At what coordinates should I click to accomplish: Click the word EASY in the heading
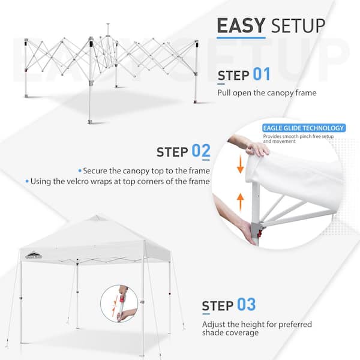(x=241, y=26)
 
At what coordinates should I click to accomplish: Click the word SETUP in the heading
(x=298, y=26)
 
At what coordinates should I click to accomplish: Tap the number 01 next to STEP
(x=262, y=75)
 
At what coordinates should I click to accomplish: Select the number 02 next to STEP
(x=201, y=151)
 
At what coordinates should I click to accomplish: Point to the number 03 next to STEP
(x=246, y=304)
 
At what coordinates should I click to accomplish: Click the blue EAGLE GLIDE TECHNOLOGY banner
(x=303, y=128)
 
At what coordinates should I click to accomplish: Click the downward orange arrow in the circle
(x=241, y=165)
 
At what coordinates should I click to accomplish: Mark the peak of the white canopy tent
(x=96, y=217)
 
